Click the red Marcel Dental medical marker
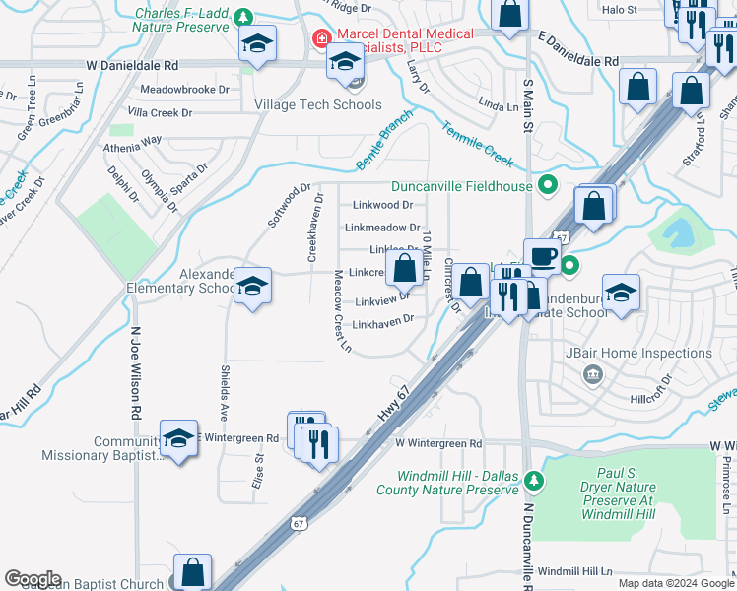pyautogui.click(x=320, y=40)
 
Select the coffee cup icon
pyautogui.click(x=541, y=256)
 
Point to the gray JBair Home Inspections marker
pyautogui.click(x=592, y=372)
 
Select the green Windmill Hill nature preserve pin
pyautogui.click(x=533, y=481)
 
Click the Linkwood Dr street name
pyautogui.click(x=382, y=205)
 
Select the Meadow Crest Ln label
pyautogui.click(x=341, y=310)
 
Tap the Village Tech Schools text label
pyautogui.click(x=317, y=104)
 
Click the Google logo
pyautogui.click(x=33, y=579)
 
